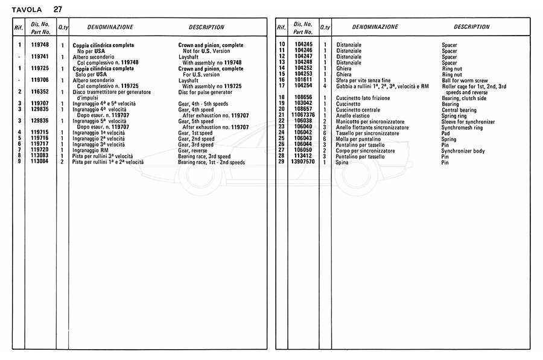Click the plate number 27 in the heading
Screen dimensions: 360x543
pyautogui.click(x=57, y=9)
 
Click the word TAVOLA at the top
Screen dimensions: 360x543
pyautogui.click(x=27, y=10)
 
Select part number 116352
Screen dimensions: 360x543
pyautogui.click(x=40, y=92)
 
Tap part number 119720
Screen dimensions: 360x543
pyautogui.click(x=40, y=150)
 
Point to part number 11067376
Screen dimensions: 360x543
pyautogui.click(x=303, y=115)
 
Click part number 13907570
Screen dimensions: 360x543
pyautogui.click(x=303, y=162)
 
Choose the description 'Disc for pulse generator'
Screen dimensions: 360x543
pyautogui.click(x=205, y=92)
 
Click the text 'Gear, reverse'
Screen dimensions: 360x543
pyautogui.click(x=192, y=151)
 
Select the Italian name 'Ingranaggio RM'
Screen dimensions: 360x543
pyautogui.click(x=91, y=151)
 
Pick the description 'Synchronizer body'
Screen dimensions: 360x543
pyautogui.click(x=463, y=151)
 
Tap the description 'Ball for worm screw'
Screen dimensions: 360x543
pyautogui.click(x=465, y=80)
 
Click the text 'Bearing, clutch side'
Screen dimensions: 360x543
pyautogui.click(x=465, y=98)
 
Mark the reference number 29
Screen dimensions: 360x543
pyautogui.click(x=281, y=162)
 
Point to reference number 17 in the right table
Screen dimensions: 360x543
pyautogui.click(x=281, y=86)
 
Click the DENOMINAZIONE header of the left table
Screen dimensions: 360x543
pyautogui.click(x=110, y=27)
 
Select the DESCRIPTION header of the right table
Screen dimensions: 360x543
pyautogui.click(x=471, y=27)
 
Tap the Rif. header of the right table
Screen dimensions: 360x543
pyautogui.click(x=281, y=28)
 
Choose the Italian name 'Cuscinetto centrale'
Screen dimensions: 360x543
pyautogui.click(x=358, y=110)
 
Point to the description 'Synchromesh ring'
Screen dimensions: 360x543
pyautogui.click(x=462, y=127)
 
